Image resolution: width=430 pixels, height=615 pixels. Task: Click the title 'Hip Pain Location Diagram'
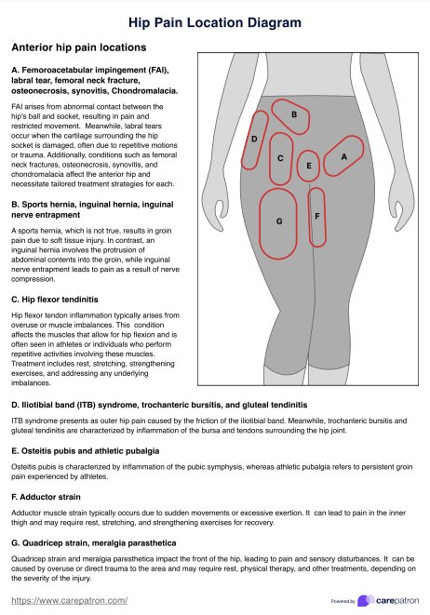point(215,20)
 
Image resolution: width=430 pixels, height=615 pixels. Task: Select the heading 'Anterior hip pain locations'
point(78,47)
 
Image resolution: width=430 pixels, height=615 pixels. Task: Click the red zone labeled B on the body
point(294,114)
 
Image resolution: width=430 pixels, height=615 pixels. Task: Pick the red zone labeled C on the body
point(281,158)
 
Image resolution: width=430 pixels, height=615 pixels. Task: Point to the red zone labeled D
point(255,139)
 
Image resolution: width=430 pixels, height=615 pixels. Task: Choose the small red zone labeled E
point(309,166)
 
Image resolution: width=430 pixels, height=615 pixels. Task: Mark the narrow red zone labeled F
point(317,216)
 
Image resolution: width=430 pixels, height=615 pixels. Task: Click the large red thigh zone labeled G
point(279,221)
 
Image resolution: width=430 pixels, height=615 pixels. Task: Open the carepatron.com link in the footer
point(70,602)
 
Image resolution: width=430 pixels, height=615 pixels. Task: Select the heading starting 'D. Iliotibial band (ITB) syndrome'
point(158,406)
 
